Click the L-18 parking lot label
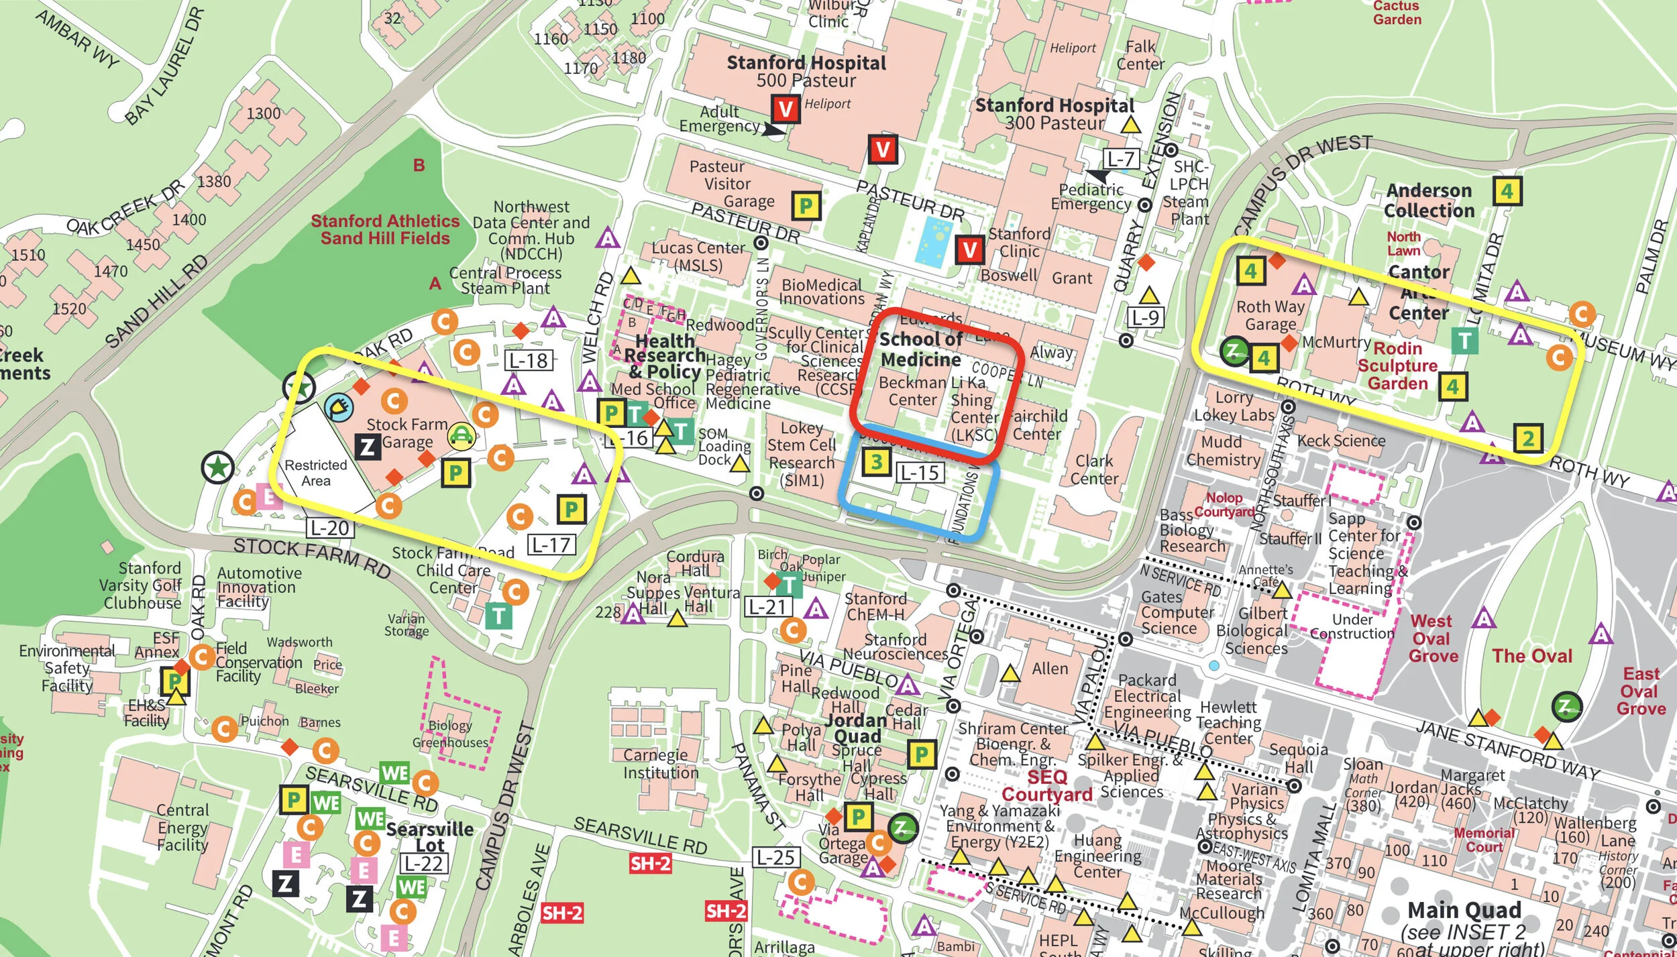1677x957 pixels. (x=529, y=361)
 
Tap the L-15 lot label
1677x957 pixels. (x=920, y=473)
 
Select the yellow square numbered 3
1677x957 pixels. (x=876, y=461)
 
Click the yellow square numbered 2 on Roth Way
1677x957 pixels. (x=1527, y=439)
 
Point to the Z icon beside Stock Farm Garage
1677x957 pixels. (x=367, y=447)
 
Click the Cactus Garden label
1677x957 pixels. (x=1397, y=13)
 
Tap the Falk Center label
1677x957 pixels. (x=1140, y=56)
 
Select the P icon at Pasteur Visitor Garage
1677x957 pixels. (x=806, y=206)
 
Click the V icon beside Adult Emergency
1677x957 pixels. (x=786, y=109)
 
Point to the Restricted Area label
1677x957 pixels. (x=315, y=473)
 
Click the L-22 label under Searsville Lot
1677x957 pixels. (x=424, y=864)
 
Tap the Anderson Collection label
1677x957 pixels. (x=1429, y=201)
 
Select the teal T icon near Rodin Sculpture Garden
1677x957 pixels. (x=1464, y=341)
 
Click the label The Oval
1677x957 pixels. (x=1531, y=656)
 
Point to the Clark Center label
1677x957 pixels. (x=1094, y=469)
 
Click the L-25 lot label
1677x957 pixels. (x=775, y=857)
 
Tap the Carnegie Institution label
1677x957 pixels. (x=660, y=764)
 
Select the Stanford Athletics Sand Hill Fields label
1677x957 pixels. (x=385, y=229)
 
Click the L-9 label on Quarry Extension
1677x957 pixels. (x=1145, y=317)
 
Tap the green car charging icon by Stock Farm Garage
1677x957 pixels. (x=461, y=437)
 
